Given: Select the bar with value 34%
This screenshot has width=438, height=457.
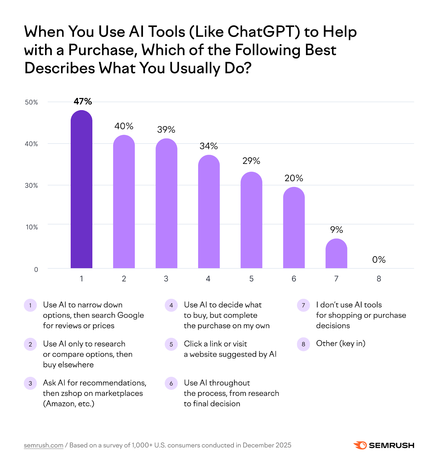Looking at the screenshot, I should pyautogui.click(x=209, y=211).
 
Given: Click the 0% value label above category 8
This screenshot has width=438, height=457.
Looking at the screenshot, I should pyautogui.click(x=379, y=260).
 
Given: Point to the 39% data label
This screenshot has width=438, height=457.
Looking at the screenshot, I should pyautogui.click(x=166, y=130).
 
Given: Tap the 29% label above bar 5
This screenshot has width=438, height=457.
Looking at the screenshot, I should pyautogui.click(x=251, y=161).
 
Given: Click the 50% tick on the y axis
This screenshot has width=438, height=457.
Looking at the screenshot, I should pyautogui.click(x=31, y=102).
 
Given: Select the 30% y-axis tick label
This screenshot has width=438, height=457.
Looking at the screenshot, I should pyautogui.click(x=31, y=186).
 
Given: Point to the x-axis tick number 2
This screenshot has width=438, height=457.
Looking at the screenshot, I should pyautogui.click(x=124, y=279).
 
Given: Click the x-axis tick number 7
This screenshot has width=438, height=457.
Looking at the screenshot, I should pyautogui.click(x=336, y=279).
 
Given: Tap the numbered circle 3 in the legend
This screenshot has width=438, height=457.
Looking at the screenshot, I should pyautogui.click(x=30, y=383).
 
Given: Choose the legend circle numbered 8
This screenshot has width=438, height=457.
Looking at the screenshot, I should pyautogui.click(x=303, y=344).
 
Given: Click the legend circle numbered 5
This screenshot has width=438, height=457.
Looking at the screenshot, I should pyautogui.click(x=171, y=344).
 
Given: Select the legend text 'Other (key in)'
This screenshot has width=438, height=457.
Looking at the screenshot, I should pyautogui.click(x=341, y=343).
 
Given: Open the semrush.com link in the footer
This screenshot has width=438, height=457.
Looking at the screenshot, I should pyautogui.click(x=43, y=445).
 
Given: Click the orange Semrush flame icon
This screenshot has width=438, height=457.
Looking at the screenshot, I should pyautogui.click(x=360, y=445).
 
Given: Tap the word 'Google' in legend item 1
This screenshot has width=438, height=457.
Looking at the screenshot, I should pyautogui.click(x=130, y=315).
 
